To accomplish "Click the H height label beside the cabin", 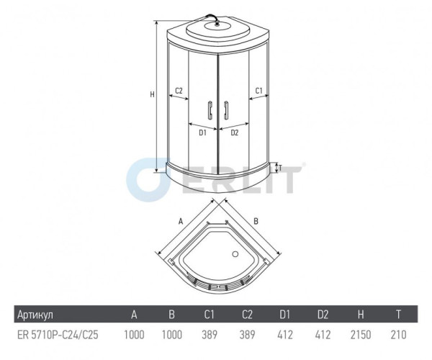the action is [x=152, y=94].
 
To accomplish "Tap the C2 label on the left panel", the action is [x=179, y=90].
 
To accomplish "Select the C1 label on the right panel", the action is [x=258, y=90].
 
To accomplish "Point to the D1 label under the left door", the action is [x=202, y=132].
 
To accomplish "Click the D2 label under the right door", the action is [x=235, y=132].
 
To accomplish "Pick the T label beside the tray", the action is [x=280, y=168].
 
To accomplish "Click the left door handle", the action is [x=210, y=110].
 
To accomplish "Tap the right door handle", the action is [x=226, y=110].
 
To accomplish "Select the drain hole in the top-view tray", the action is [x=235, y=254].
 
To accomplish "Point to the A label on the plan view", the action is [x=181, y=221].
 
